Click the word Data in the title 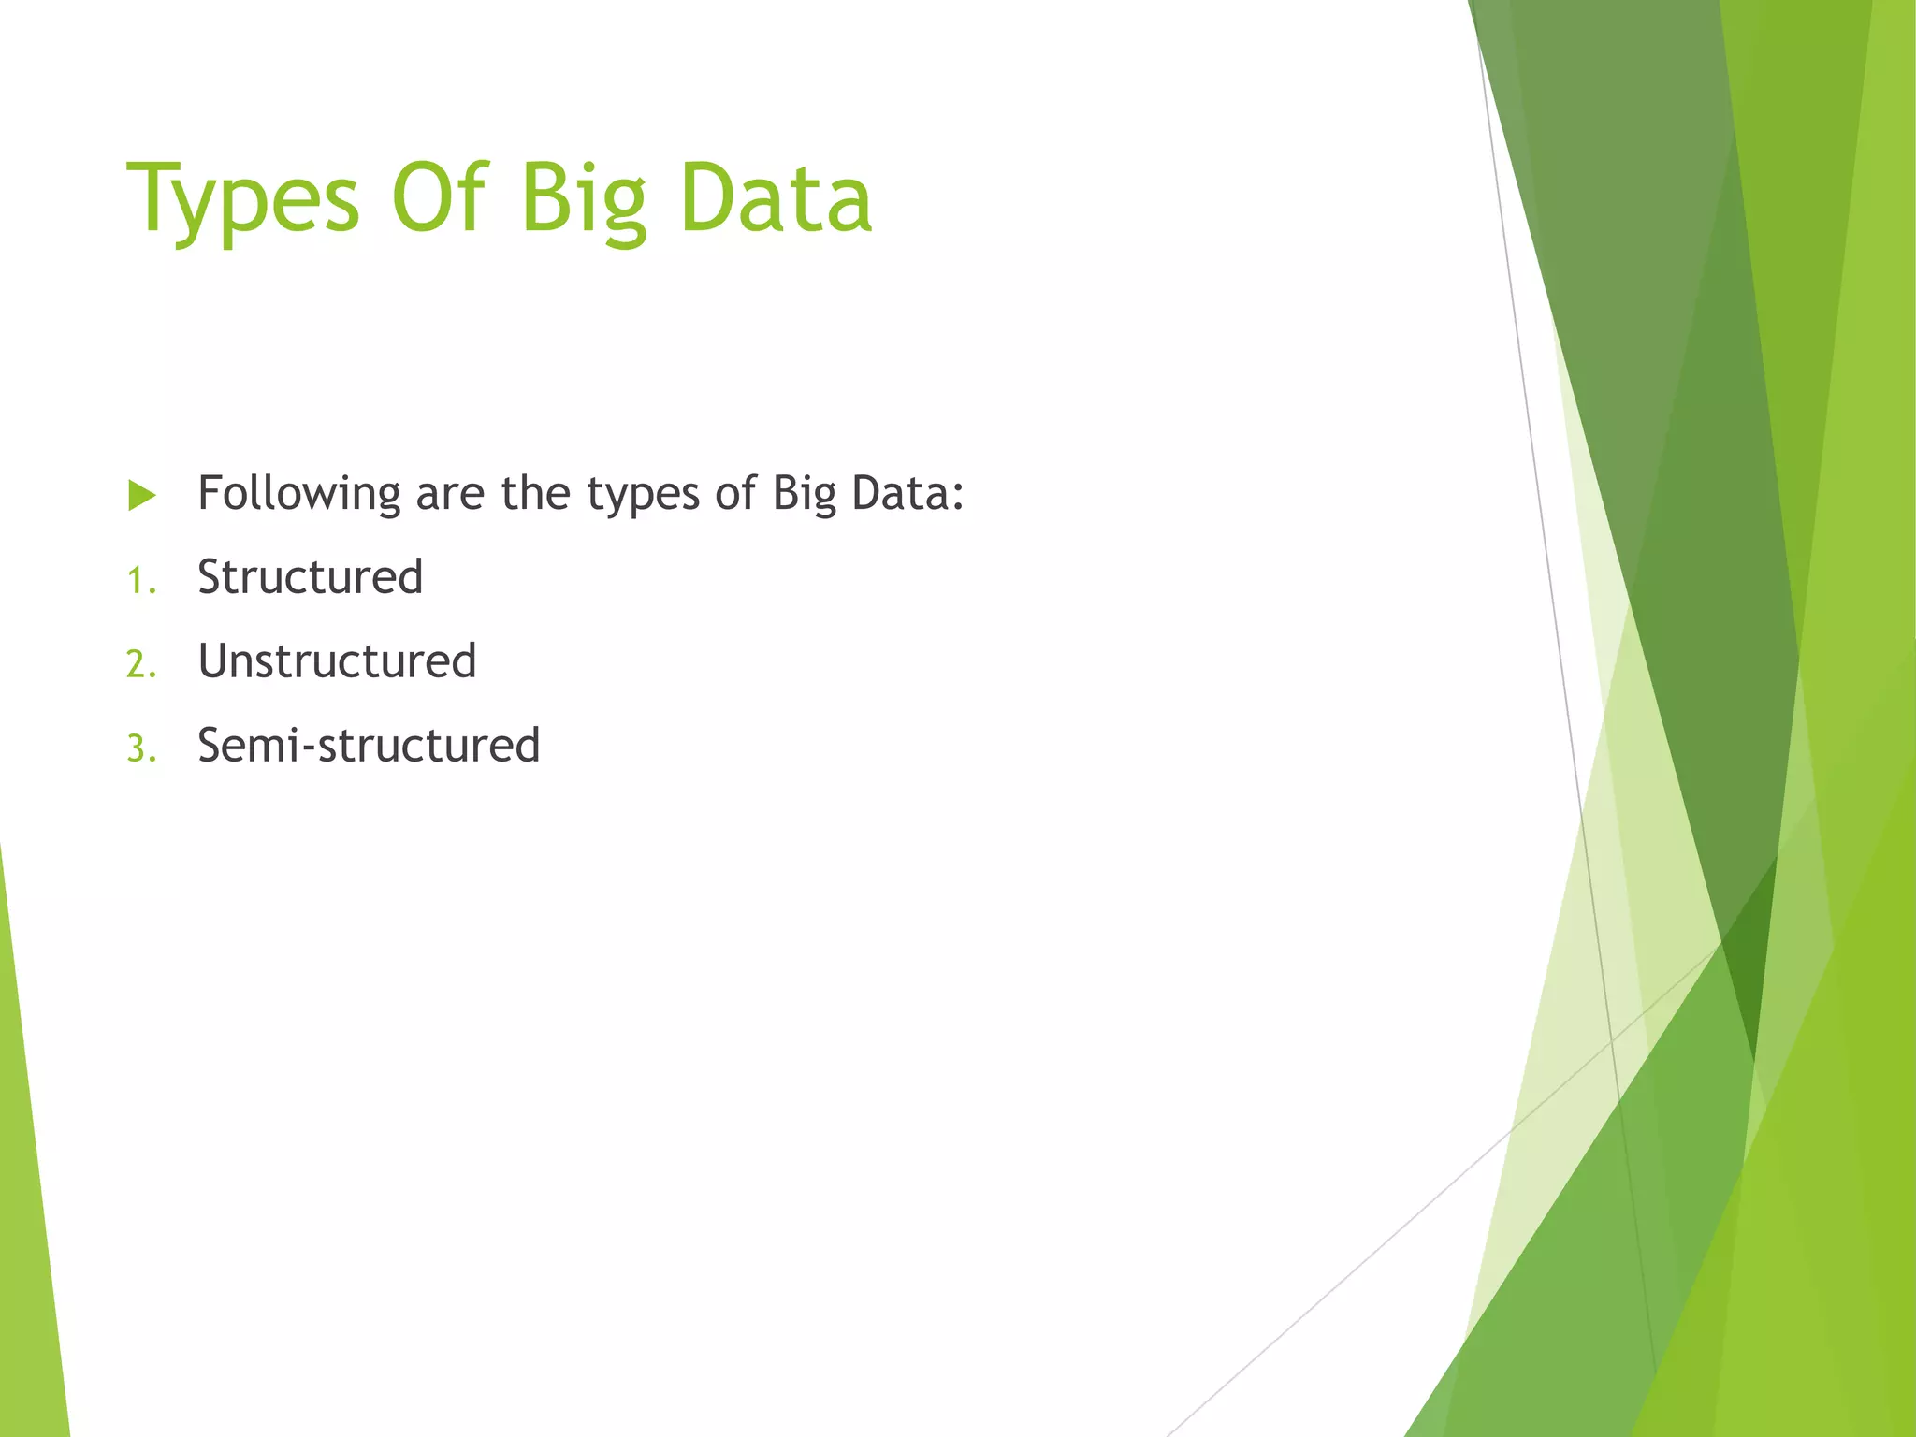coord(776,198)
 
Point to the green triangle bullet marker coord(141,495)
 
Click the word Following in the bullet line coord(299,494)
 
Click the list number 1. coord(139,581)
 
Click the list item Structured coord(310,577)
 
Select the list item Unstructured coord(337,661)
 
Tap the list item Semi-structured coord(369,746)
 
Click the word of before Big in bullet coord(735,493)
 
